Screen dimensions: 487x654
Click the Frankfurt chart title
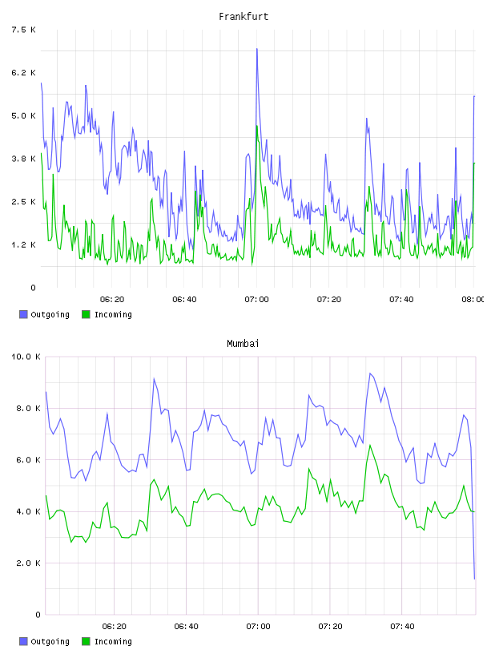coord(243,17)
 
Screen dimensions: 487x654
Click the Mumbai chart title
coord(243,344)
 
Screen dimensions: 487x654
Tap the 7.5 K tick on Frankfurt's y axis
coord(24,30)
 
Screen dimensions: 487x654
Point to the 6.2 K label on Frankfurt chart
coord(24,73)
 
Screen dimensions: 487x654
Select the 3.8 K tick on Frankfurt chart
coord(24,159)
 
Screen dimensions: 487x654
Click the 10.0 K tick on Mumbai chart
coord(26,357)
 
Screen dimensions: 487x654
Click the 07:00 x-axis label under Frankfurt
coord(257,300)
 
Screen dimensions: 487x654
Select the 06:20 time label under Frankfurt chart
coord(112,300)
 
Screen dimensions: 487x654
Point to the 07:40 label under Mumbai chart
coord(402,627)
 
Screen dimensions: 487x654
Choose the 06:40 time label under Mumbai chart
coord(187,627)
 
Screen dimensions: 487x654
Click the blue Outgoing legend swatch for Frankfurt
coord(23,314)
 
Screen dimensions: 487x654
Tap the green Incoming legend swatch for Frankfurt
coord(86,314)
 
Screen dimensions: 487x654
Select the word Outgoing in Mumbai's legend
coord(50,641)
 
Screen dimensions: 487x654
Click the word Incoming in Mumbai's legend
coord(113,641)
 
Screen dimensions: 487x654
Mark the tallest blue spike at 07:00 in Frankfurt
coord(257,49)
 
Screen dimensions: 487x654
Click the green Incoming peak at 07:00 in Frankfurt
coord(257,126)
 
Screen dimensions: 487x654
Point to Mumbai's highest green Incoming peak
coord(370,446)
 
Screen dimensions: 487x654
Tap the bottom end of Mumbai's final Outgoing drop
coord(474,579)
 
